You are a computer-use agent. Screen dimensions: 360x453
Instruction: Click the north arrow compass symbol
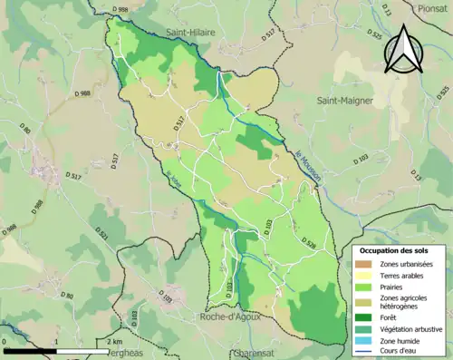click(x=402, y=50)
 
